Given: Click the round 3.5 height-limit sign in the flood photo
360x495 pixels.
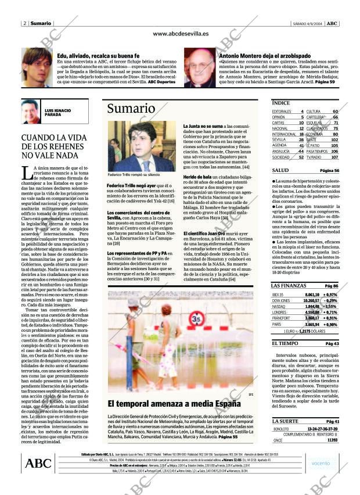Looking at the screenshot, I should [196, 319].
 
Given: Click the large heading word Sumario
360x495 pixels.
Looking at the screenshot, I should [131, 109].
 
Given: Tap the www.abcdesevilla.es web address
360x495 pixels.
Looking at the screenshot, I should [181, 34].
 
